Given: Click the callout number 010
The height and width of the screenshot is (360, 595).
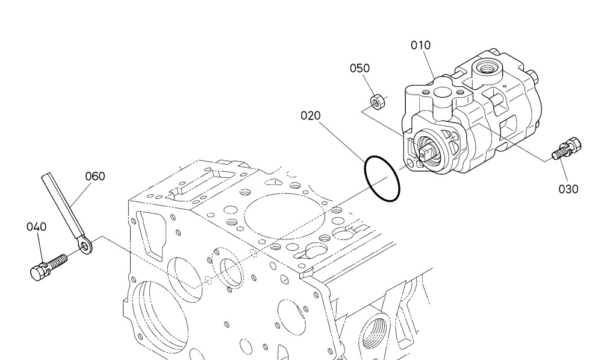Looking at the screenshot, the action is pyautogui.click(x=420, y=45).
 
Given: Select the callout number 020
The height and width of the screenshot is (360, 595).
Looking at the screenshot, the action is pyautogui.click(x=310, y=116).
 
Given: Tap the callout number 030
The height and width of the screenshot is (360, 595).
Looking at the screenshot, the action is pyautogui.click(x=568, y=189).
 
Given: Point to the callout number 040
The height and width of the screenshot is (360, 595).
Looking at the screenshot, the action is pyautogui.click(x=36, y=227).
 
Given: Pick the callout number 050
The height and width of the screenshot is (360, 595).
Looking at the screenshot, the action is pyautogui.click(x=360, y=68).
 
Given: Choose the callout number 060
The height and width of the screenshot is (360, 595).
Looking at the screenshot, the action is pyautogui.click(x=95, y=176).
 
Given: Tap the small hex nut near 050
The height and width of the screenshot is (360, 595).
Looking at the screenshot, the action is pyautogui.click(x=376, y=102).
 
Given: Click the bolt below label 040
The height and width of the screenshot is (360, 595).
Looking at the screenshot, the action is pyautogui.click(x=49, y=267).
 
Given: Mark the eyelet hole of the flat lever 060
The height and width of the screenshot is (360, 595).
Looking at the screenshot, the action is pyautogui.click(x=85, y=247).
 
